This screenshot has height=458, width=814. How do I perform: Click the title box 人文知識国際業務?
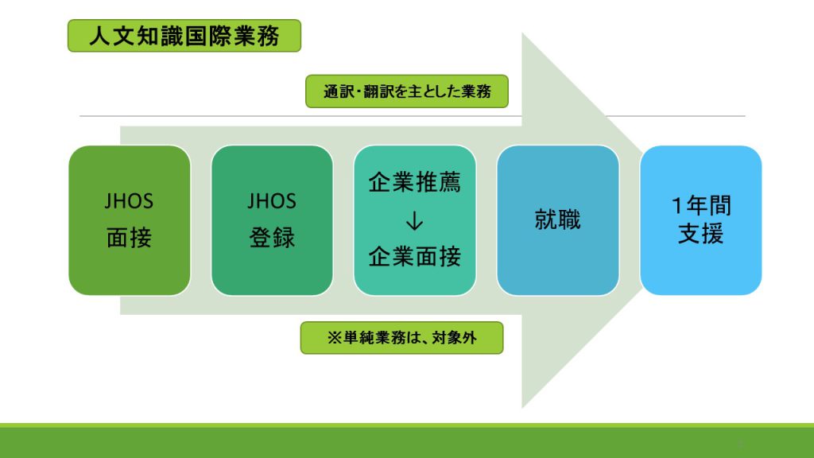(184, 36)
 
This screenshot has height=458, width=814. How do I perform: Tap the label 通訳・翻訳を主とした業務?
(407, 91)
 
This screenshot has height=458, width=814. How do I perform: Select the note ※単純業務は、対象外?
(401, 338)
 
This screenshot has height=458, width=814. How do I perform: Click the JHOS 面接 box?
(130, 220)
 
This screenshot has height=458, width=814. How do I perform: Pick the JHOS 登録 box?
(272, 220)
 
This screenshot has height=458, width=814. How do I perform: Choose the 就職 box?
(558, 220)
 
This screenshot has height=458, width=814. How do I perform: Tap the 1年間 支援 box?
(701, 220)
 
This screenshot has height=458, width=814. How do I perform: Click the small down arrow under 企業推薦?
(414, 221)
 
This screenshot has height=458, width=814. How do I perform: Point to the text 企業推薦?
(414, 183)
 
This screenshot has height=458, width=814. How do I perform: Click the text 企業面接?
(414, 257)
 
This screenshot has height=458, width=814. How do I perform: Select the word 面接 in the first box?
(130, 239)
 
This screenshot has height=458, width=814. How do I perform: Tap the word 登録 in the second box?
(272, 239)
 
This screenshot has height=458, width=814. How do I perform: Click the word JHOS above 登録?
(272, 201)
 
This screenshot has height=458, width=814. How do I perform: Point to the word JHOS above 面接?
(129, 201)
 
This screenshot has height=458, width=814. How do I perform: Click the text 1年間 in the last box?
(701, 206)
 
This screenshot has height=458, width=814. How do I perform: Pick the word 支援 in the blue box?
(701, 234)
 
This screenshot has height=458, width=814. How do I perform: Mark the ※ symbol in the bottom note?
(335, 338)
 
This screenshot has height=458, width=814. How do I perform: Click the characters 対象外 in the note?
(454, 338)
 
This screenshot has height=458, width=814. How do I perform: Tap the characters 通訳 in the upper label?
(338, 92)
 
